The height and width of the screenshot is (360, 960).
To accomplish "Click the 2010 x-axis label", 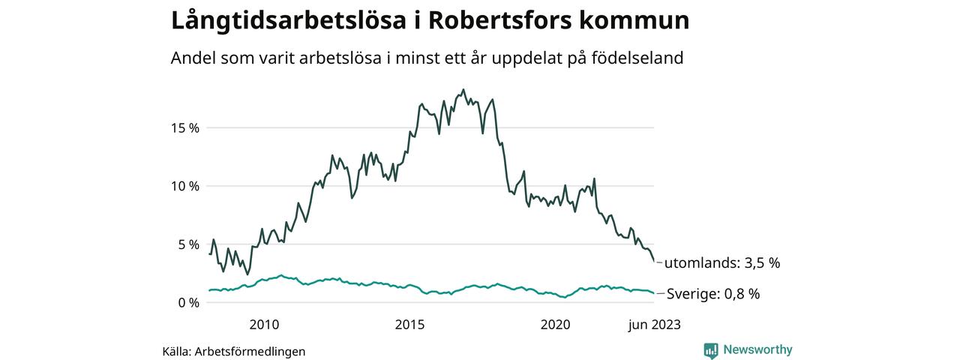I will pyautogui.click(x=264, y=325).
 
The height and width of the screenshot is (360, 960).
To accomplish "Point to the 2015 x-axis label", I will pyautogui.click(x=409, y=325).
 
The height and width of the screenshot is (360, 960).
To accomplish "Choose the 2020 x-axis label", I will pyautogui.click(x=556, y=325).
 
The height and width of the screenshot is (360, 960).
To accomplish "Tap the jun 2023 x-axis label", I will pyautogui.click(x=654, y=325).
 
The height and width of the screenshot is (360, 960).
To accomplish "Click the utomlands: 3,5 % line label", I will pyautogui.click(x=722, y=263).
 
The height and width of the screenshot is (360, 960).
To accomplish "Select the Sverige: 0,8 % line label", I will pyautogui.click(x=713, y=294).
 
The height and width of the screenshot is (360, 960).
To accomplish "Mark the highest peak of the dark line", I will pyautogui.click(x=463, y=89).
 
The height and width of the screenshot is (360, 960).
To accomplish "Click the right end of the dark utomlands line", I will pyautogui.click(x=654, y=262).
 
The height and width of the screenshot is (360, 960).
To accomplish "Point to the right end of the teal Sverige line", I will pyautogui.click(x=654, y=293).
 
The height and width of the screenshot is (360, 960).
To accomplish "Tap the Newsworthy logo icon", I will pyautogui.click(x=711, y=350).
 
